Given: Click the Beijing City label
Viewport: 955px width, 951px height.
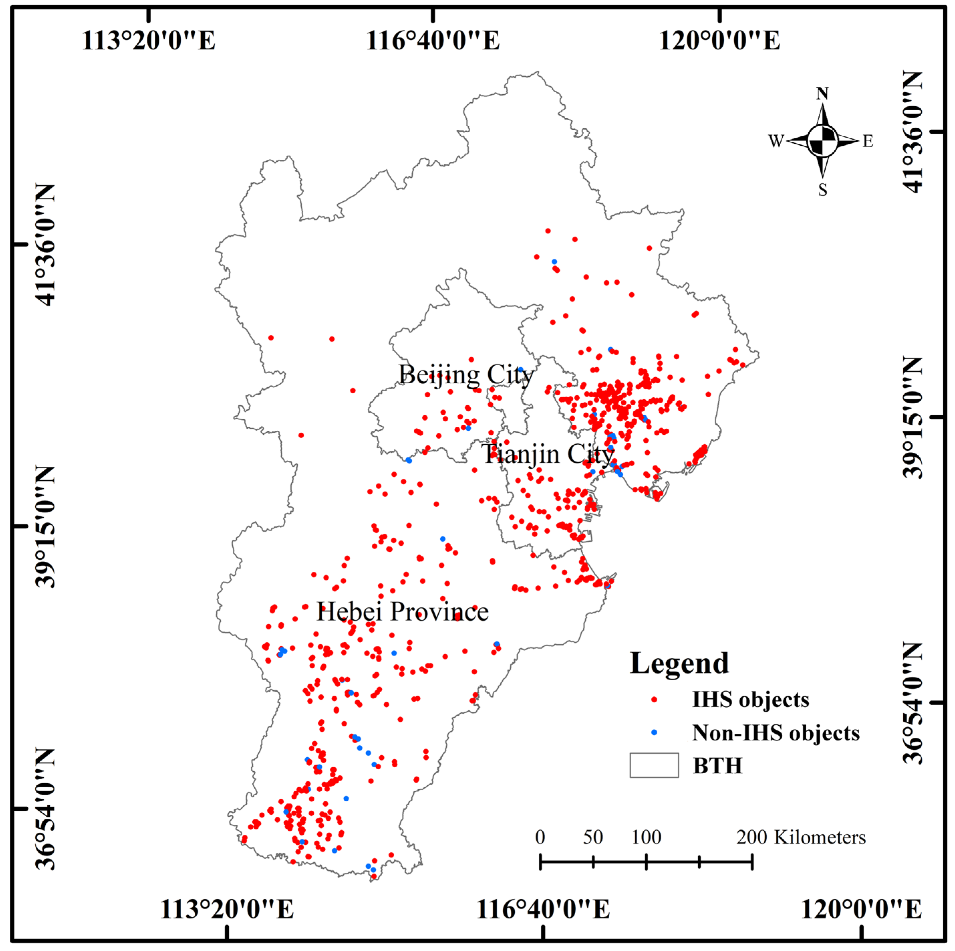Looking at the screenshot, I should tap(466, 375).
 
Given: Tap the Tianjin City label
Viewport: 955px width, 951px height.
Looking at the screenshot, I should tap(548, 454).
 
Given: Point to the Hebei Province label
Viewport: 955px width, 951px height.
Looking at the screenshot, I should tap(403, 612).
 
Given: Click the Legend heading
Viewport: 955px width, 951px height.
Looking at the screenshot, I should tap(679, 664).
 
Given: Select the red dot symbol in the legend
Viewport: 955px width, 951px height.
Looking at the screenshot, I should tap(654, 700).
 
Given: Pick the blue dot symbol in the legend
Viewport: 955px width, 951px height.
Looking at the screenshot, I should tap(654, 732).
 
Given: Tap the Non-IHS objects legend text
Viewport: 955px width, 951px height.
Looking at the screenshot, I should tap(776, 733).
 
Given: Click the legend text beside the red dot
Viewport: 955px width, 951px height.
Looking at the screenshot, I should tap(750, 700).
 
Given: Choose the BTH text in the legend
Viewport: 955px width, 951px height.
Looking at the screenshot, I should tap(717, 766).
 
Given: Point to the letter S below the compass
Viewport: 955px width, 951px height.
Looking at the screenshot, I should tap(822, 190).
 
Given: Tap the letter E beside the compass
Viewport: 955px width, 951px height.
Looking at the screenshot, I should tap(868, 141).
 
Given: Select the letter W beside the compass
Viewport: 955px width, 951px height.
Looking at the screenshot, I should tap(776, 141).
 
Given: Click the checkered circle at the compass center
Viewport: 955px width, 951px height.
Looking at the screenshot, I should tap(822, 141).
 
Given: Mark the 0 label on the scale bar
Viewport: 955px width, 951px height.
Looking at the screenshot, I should tap(540, 837).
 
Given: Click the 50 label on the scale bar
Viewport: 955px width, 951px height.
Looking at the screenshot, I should tap(593, 837).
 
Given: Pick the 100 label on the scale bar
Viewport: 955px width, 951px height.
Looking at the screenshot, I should tap(646, 837).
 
